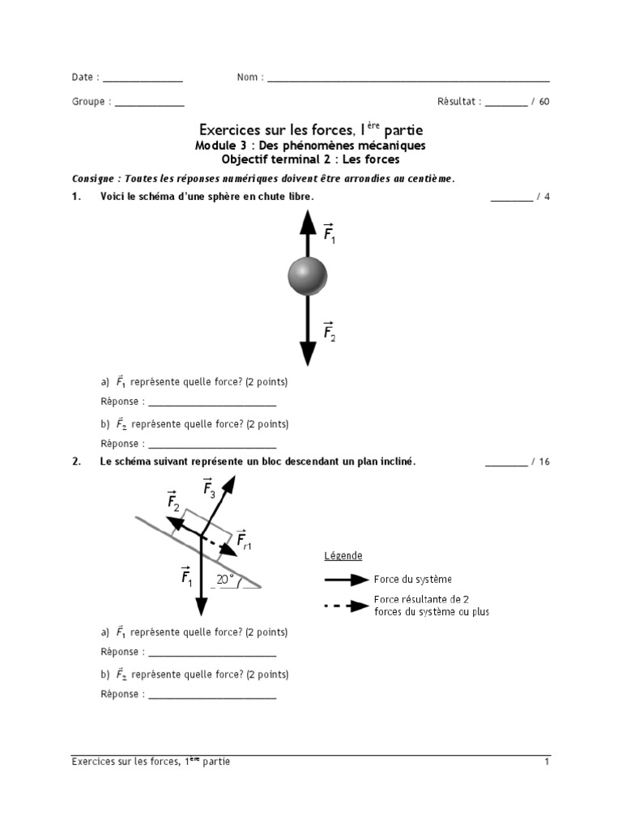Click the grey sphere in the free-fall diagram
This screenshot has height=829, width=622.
click(x=307, y=277)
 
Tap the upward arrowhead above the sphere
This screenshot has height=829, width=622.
click(x=307, y=220)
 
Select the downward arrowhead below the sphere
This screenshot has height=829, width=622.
click(x=307, y=352)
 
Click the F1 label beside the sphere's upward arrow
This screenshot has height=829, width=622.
click(x=330, y=234)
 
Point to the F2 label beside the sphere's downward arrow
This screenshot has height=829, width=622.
click(x=330, y=332)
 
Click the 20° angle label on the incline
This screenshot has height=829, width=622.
click(x=224, y=580)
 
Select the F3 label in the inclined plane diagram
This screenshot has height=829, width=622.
click(x=209, y=489)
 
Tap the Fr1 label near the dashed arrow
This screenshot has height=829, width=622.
click(x=242, y=539)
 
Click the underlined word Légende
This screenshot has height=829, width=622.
click(x=343, y=555)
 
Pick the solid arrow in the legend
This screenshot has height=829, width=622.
click(x=346, y=580)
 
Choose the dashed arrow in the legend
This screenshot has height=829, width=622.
click(x=346, y=606)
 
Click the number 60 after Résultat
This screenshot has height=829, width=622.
click(x=543, y=102)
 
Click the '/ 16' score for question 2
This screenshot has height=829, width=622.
click(x=540, y=461)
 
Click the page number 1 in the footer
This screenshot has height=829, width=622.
click(x=547, y=762)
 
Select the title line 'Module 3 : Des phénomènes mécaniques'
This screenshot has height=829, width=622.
click(x=310, y=146)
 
